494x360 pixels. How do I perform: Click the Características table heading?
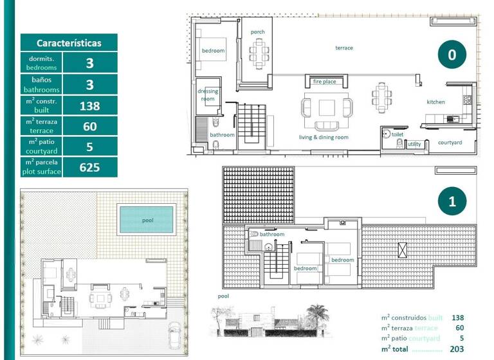(69, 43)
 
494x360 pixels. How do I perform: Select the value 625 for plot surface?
(90, 168)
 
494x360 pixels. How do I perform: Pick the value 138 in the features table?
(90, 106)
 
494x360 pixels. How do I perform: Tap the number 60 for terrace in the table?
(90, 127)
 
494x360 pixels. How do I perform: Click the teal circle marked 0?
(452, 55)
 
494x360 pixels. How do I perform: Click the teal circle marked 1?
(452, 202)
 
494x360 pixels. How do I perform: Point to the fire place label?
(325, 82)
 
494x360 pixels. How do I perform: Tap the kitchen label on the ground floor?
(435, 102)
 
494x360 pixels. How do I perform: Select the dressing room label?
(208, 95)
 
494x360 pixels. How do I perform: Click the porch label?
(258, 32)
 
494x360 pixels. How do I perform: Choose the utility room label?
(415, 145)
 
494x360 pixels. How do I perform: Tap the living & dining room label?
(324, 138)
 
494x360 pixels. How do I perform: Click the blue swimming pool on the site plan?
(147, 220)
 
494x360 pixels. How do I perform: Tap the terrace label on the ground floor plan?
(343, 48)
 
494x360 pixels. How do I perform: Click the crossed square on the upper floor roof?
(403, 249)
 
